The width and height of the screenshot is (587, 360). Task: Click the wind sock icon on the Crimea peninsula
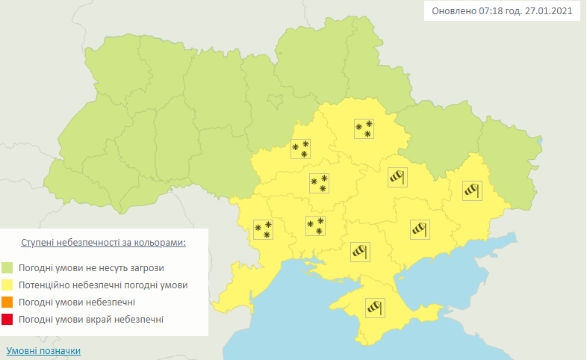pos(374,307)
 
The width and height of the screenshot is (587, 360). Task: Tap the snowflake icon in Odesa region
pos(262,229)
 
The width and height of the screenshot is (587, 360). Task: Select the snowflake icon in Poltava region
pos(364,129)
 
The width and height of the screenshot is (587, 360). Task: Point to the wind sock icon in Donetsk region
pos(473,190)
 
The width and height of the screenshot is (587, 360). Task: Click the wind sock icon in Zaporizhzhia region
pos(420,229)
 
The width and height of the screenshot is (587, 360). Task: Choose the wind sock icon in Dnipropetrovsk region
pos(397,176)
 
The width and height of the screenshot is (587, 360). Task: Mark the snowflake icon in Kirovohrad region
pos(319,182)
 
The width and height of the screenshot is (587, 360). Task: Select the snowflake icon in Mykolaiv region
pos(315,226)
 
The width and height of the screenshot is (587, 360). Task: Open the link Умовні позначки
pos(43,350)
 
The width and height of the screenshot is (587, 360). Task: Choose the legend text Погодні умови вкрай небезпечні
pos(93,320)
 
